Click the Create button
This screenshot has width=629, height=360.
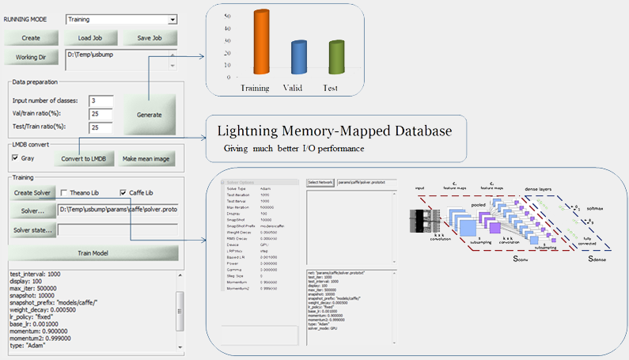pyautogui.click(x=31, y=38)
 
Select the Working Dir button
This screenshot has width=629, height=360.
pyautogui.click(x=31, y=57)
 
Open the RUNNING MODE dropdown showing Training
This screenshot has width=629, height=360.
pyautogui.click(x=121, y=18)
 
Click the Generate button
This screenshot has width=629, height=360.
pyautogui.click(x=149, y=115)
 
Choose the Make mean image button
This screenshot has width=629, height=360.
pyautogui.click(x=145, y=159)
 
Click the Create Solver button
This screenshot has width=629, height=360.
pyautogui.click(x=32, y=192)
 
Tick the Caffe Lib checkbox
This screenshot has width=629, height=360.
pyautogui.click(x=123, y=192)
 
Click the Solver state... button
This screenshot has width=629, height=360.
pyautogui.click(x=32, y=231)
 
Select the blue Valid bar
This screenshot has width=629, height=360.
pyautogui.click(x=298, y=59)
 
